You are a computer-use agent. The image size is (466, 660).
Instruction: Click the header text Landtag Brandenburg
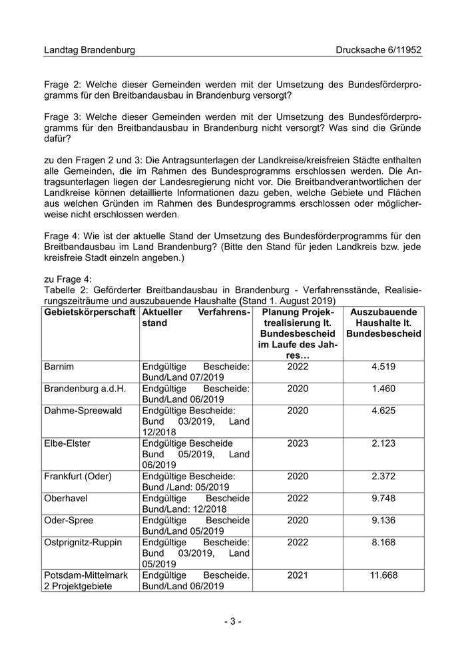(89, 50)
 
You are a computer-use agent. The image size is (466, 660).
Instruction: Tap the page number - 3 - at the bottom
(232, 621)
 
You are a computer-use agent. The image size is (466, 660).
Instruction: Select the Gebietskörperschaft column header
(90, 312)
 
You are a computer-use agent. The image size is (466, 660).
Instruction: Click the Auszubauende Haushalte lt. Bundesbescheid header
(383, 323)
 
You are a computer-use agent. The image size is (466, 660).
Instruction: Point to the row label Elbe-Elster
(67, 443)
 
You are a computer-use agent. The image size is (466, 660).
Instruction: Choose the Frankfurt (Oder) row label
(77, 476)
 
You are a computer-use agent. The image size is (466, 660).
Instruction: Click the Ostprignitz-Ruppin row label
(83, 542)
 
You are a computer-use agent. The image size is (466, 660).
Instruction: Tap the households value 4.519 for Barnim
(383, 367)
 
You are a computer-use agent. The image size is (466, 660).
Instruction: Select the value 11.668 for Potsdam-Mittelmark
(383, 575)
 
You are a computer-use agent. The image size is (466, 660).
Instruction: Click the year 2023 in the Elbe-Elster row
(298, 443)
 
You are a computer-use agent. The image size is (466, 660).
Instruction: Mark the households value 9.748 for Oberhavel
(383, 498)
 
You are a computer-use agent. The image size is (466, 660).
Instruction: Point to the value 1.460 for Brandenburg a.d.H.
(383, 388)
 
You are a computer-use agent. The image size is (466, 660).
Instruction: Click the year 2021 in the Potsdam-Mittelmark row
(298, 575)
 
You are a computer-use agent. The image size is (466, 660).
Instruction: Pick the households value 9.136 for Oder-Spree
(383, 520)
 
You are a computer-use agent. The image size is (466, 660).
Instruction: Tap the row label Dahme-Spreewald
(83, 410)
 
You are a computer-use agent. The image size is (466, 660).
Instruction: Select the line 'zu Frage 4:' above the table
(69, 279)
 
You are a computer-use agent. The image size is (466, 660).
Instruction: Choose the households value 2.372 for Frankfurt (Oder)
(383, 476)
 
